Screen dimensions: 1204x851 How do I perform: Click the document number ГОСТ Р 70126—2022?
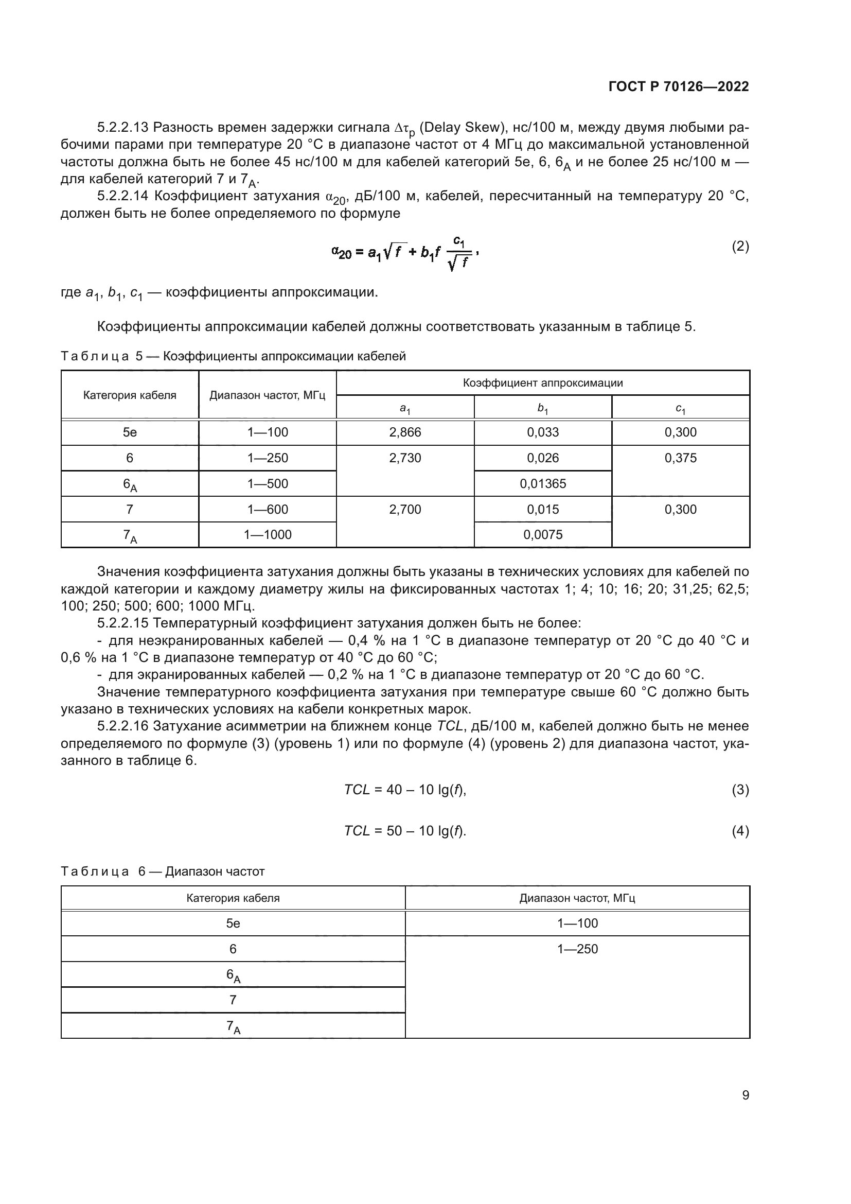pos(679,87)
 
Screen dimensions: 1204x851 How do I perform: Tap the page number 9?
pos(745,1095)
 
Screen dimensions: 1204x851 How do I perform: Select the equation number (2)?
pos(740,247)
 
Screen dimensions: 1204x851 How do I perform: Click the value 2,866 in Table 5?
pos(405,432)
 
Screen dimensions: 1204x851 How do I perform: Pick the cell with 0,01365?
pos(543,484)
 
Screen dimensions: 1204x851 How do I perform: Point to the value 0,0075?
pos(543,535)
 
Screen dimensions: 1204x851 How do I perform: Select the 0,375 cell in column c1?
pos(680,458)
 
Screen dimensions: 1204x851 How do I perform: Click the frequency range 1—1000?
pos(267,535)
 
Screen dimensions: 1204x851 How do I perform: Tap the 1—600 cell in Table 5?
pos(267,510)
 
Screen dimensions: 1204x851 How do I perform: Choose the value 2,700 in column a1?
pos(405,510)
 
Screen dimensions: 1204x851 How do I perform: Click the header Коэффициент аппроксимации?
pos(543,383)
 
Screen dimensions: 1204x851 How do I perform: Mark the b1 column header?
pos(543,408)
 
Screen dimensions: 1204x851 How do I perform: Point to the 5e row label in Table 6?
pos(233,923)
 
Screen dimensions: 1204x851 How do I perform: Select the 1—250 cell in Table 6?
pos(577,949)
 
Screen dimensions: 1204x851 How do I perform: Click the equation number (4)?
pos(740,831)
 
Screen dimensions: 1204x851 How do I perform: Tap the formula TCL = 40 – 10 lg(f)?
pos(405,790)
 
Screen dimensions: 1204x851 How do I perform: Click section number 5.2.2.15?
pos(123,623)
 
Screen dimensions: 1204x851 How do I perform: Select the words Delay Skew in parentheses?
pos(460,128)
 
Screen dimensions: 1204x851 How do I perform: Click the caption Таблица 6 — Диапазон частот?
pos(163,871)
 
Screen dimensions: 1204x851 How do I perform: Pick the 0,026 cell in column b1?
pos(543,458)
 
